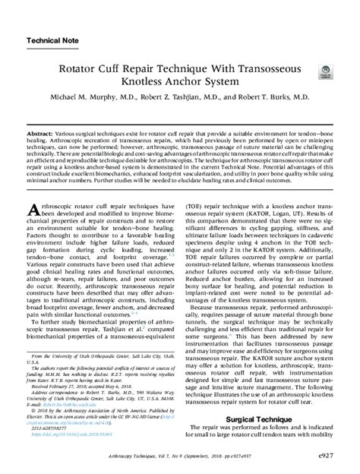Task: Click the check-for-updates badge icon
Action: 325,70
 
